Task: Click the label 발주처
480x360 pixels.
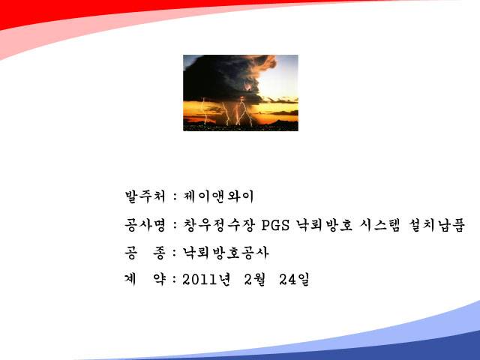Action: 145,196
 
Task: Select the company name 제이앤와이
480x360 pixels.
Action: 218,196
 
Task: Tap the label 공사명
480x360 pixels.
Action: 145,225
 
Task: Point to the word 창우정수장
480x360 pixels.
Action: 219,225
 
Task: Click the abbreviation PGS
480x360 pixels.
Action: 275,226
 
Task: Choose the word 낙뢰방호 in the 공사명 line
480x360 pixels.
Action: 325,225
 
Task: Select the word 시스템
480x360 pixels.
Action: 380,225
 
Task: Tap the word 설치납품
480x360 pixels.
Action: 436,225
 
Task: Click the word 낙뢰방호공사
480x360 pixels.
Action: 226,253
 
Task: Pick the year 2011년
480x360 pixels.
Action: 206,280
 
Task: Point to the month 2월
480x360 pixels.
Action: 255,280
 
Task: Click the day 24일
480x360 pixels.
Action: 294,280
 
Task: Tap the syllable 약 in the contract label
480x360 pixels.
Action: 159,280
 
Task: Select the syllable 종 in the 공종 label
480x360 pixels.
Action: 159,253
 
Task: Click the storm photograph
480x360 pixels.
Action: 241,93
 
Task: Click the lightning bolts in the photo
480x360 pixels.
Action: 232,112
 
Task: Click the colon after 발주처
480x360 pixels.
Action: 175,196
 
